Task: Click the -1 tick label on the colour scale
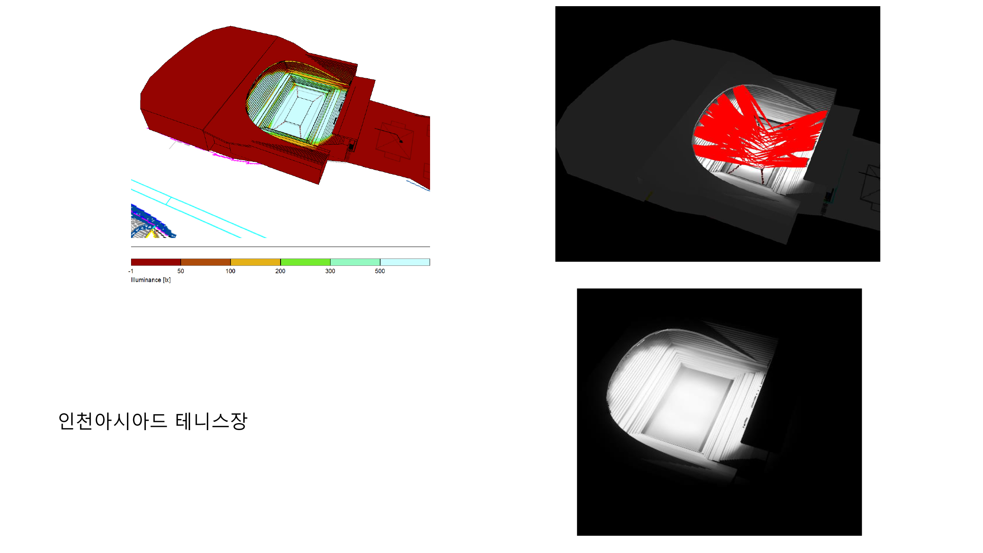click(131, 271)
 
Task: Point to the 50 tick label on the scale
click(181, 271)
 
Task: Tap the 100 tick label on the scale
click(231, 271)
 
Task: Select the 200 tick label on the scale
click(280, 271)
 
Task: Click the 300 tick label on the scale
click(330, 271)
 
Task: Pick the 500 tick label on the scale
click(380, 271)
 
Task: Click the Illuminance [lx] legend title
click(151, 280)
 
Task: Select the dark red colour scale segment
click(156, 262)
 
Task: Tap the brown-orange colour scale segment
click(206, 262)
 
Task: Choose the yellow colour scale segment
click(256, 262)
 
